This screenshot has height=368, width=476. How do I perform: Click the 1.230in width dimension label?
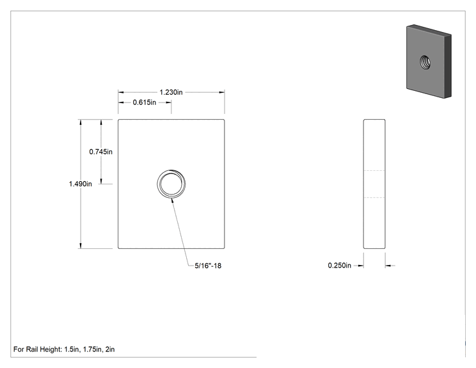[171, 92]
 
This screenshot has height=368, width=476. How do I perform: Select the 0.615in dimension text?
[144, 102]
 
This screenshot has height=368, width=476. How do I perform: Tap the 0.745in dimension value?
[101, 152]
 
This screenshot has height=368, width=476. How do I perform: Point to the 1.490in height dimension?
[80, 184]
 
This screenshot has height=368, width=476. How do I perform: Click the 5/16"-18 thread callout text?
[208, 266]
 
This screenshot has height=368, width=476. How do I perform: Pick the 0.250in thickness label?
[339, 266]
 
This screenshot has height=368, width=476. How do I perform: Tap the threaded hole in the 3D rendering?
[425, 62]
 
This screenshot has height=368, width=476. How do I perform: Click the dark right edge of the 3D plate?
[448, 66]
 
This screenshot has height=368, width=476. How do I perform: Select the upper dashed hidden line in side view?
[374, 171]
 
